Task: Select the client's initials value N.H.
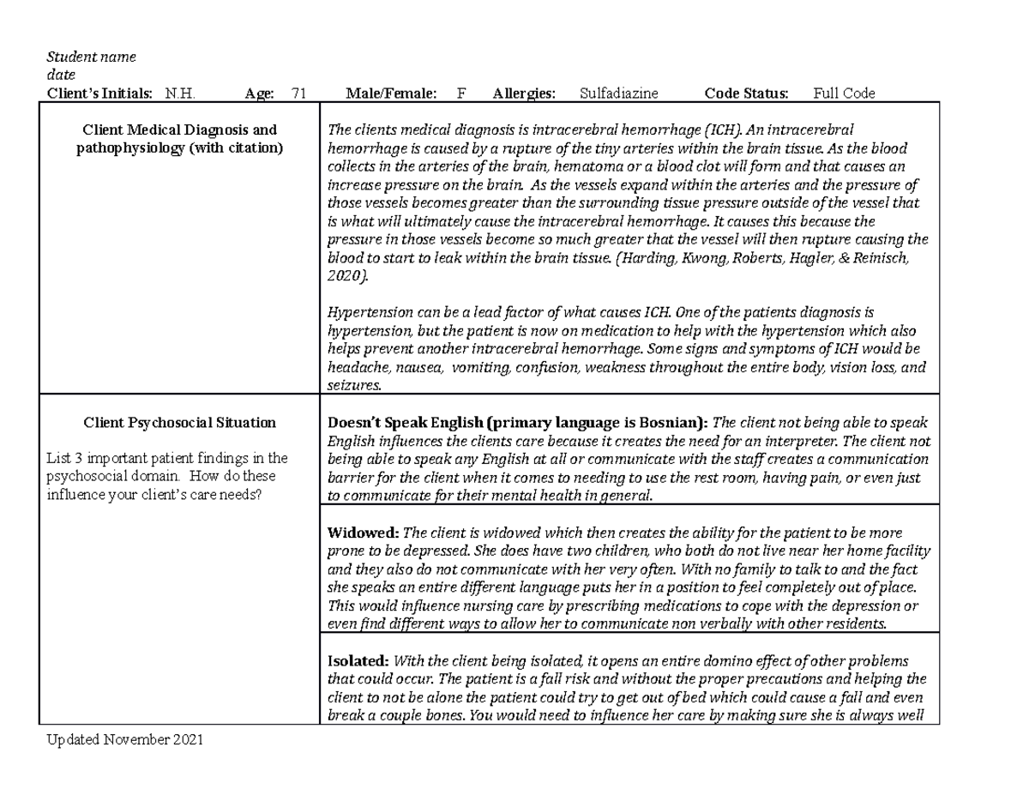[x=180, y=94]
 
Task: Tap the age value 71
[x=299, y=94]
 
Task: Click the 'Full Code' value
[x=844, y=94]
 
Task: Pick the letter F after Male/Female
[x=461, y=94]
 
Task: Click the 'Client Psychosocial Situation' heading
[x=179, y=422]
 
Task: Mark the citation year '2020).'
[x=347, y=275]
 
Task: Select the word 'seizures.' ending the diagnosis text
[x=354, y=385]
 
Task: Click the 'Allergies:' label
[x=524, y=94]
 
